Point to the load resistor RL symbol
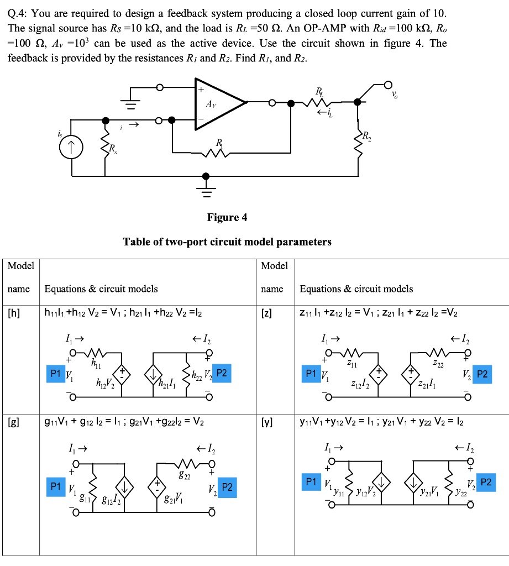319,102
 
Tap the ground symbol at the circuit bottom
206,191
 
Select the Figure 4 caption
227,217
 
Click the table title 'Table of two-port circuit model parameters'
227,242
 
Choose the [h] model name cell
14,313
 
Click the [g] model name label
14,423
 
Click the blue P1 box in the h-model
55,374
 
